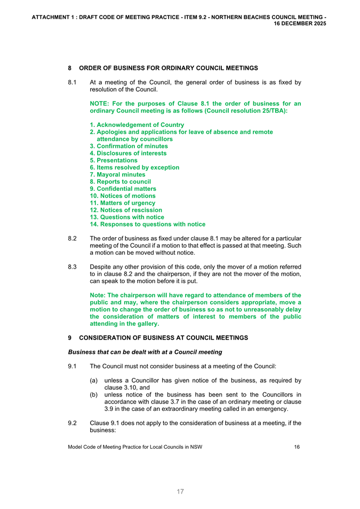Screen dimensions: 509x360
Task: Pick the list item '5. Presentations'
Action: coord(114,160)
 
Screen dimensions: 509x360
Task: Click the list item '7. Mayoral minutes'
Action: coord(117,174)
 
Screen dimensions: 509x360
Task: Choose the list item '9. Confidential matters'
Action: coord(123,189)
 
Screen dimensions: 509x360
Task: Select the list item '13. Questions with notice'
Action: coord(127,217)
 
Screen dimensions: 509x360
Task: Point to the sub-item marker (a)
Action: coord(94,380)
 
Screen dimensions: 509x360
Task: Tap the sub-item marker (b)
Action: coord(94,394)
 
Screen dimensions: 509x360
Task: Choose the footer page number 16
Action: coord(297,447)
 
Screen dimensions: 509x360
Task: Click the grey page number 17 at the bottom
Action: coord(180,491)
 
